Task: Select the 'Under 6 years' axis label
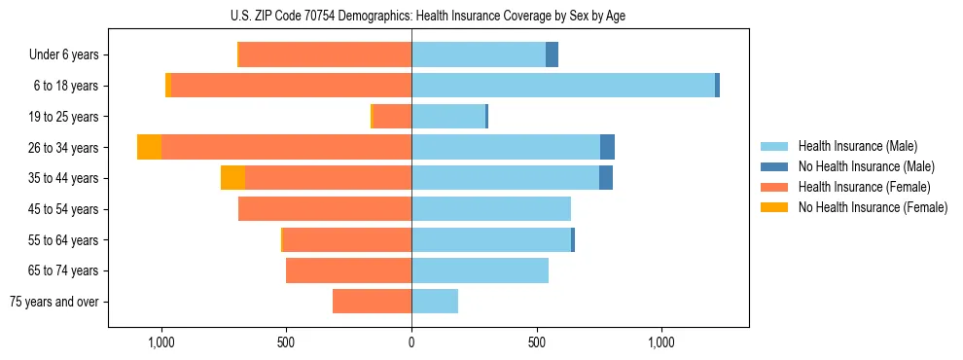70,54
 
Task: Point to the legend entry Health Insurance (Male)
856,146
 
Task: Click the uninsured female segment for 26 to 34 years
149,147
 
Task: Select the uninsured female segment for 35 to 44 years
232,178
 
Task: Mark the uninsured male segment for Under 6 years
552,54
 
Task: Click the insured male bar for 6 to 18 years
563,86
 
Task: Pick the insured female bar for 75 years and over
372,302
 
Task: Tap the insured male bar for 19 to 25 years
447,117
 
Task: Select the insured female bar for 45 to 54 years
325,209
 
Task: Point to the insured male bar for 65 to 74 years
480,270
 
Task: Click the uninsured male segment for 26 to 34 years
607,147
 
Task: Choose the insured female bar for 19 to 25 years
392,117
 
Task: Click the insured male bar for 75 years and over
435,302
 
